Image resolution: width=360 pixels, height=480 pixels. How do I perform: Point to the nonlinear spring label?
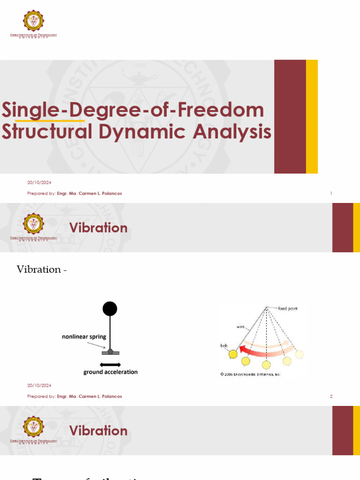pos(84,337)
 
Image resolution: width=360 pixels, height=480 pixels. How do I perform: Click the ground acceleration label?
pos(111,372)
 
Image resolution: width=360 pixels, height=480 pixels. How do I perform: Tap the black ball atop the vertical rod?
pos(110,308)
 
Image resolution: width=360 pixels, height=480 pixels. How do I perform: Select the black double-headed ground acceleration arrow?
pos(110,364)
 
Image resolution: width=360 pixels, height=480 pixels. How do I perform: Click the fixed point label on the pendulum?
pos(288,308)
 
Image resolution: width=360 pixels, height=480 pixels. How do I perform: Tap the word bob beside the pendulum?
pos(224,345)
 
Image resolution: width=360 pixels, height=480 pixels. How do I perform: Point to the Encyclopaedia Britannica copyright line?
pos(250,374)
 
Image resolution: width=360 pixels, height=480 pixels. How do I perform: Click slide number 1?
pos(331,193)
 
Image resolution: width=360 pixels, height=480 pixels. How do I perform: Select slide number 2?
pos(331,396)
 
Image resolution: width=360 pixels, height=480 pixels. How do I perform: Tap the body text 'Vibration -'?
pos(42,270)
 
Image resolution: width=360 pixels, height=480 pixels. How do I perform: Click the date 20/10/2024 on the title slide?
pos(39,182)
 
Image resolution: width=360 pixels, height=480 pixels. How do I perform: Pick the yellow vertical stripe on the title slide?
pos(312,116)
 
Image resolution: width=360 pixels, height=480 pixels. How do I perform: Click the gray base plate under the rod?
pos(110,352)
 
